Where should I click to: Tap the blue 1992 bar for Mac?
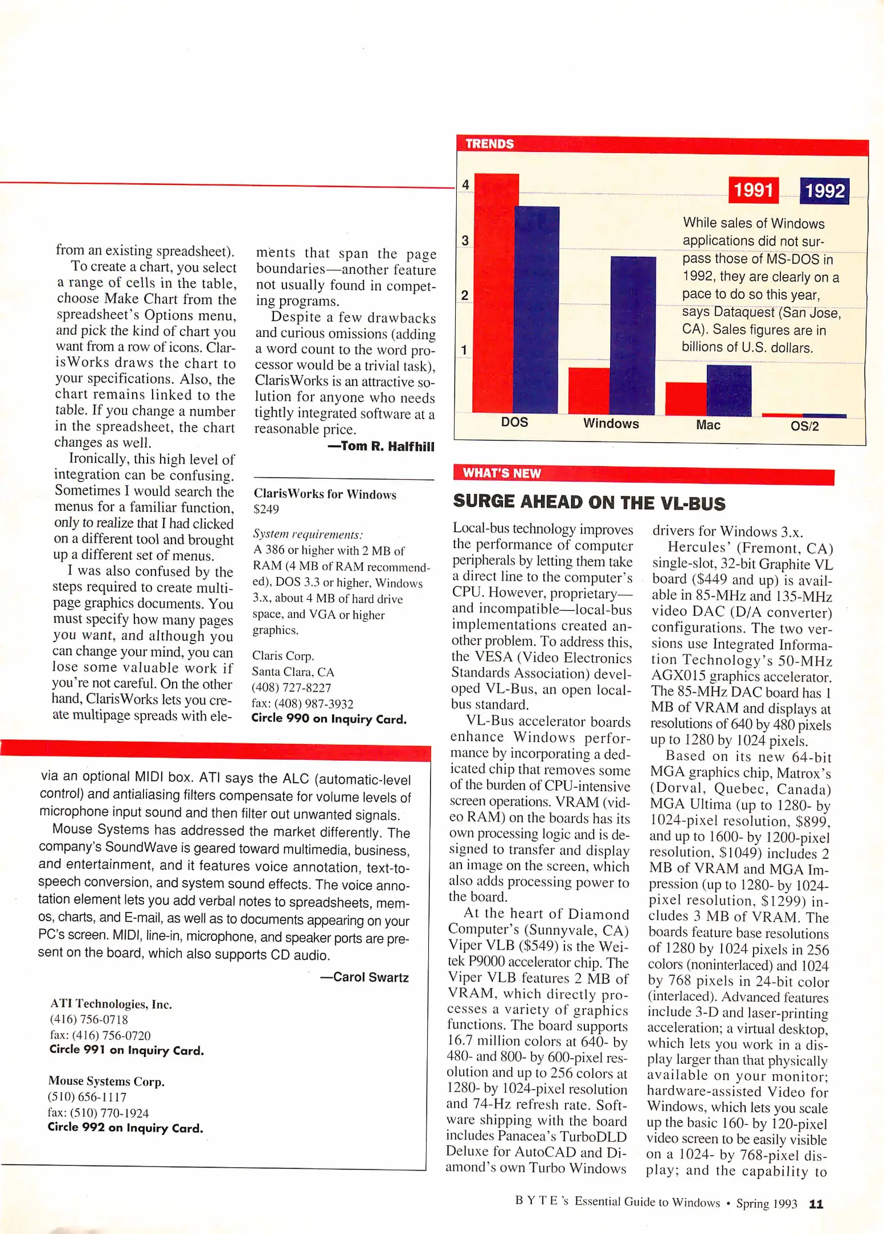729,391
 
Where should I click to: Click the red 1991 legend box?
753,190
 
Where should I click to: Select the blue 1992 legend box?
824,191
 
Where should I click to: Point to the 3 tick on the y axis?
465,241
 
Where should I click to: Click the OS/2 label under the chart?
805,426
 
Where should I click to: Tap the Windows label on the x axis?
611,423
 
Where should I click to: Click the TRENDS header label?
489,144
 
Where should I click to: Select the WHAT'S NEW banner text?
501,473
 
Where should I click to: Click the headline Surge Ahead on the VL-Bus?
589,502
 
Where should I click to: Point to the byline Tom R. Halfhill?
381,446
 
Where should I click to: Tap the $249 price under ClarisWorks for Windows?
266,509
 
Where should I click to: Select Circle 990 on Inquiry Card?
329,719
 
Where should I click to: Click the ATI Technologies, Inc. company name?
111,1004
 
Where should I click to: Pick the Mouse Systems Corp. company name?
106,1081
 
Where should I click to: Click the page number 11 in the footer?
816,1204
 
